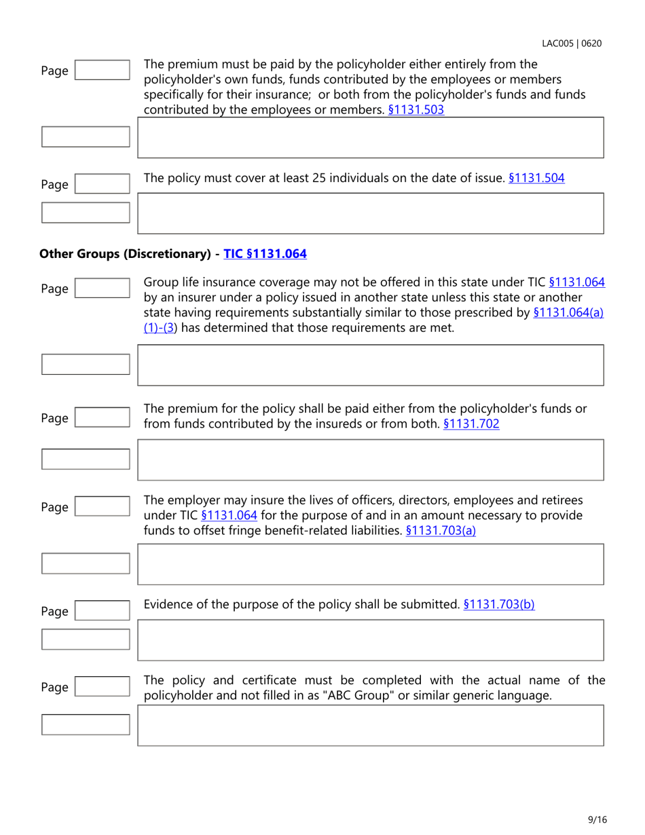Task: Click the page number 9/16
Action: tap(597, 819)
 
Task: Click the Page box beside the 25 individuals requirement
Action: tap(101, 184)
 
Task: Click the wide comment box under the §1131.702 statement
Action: tap(371, 460)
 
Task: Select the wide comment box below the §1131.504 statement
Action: tap(371, 213)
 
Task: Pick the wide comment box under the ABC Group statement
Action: tap(371, 725)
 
